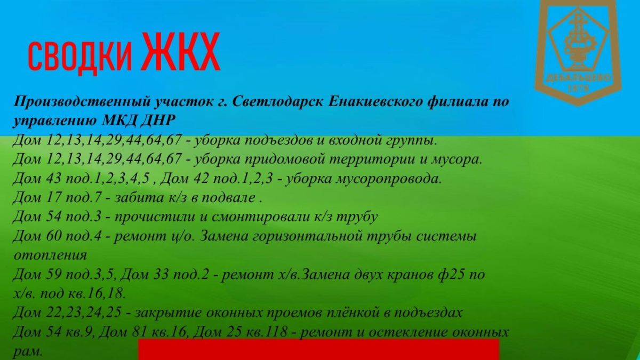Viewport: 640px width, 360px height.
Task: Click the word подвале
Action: [x=228, y=198]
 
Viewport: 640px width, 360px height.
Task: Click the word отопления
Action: [x=50, y=255]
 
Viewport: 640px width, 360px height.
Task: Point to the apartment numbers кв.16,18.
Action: [x=97, y=293]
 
